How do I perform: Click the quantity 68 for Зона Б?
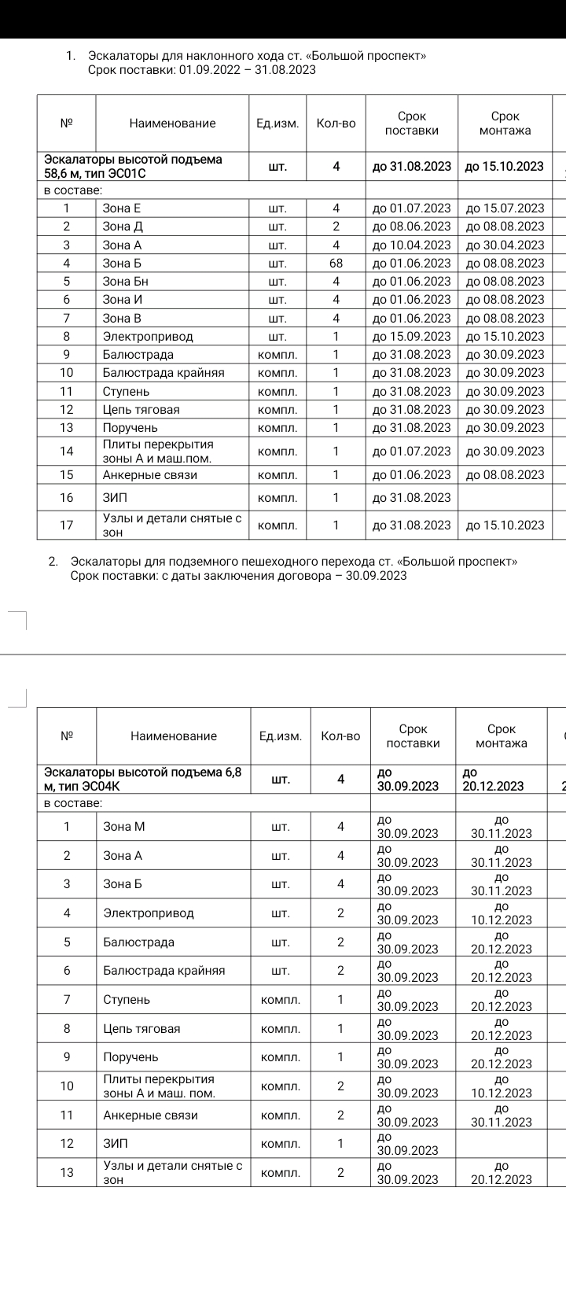pos(336,264)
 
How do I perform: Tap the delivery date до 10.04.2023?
pos(411,245)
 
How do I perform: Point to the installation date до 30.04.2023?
pos(505,245)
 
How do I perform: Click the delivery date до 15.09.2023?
pos(411,337)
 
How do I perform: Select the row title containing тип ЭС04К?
pos(142,779)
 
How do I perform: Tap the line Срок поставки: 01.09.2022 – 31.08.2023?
pos(202,70)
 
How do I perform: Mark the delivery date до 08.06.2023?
pos(411,227)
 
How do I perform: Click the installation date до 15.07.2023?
pos(505,208)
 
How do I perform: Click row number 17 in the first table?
pos(67,525)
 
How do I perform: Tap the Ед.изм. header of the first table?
pos(277,124)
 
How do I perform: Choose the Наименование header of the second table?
pos(173,736)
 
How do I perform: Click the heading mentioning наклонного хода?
pos(257,56)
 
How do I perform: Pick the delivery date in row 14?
pos(411,452)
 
